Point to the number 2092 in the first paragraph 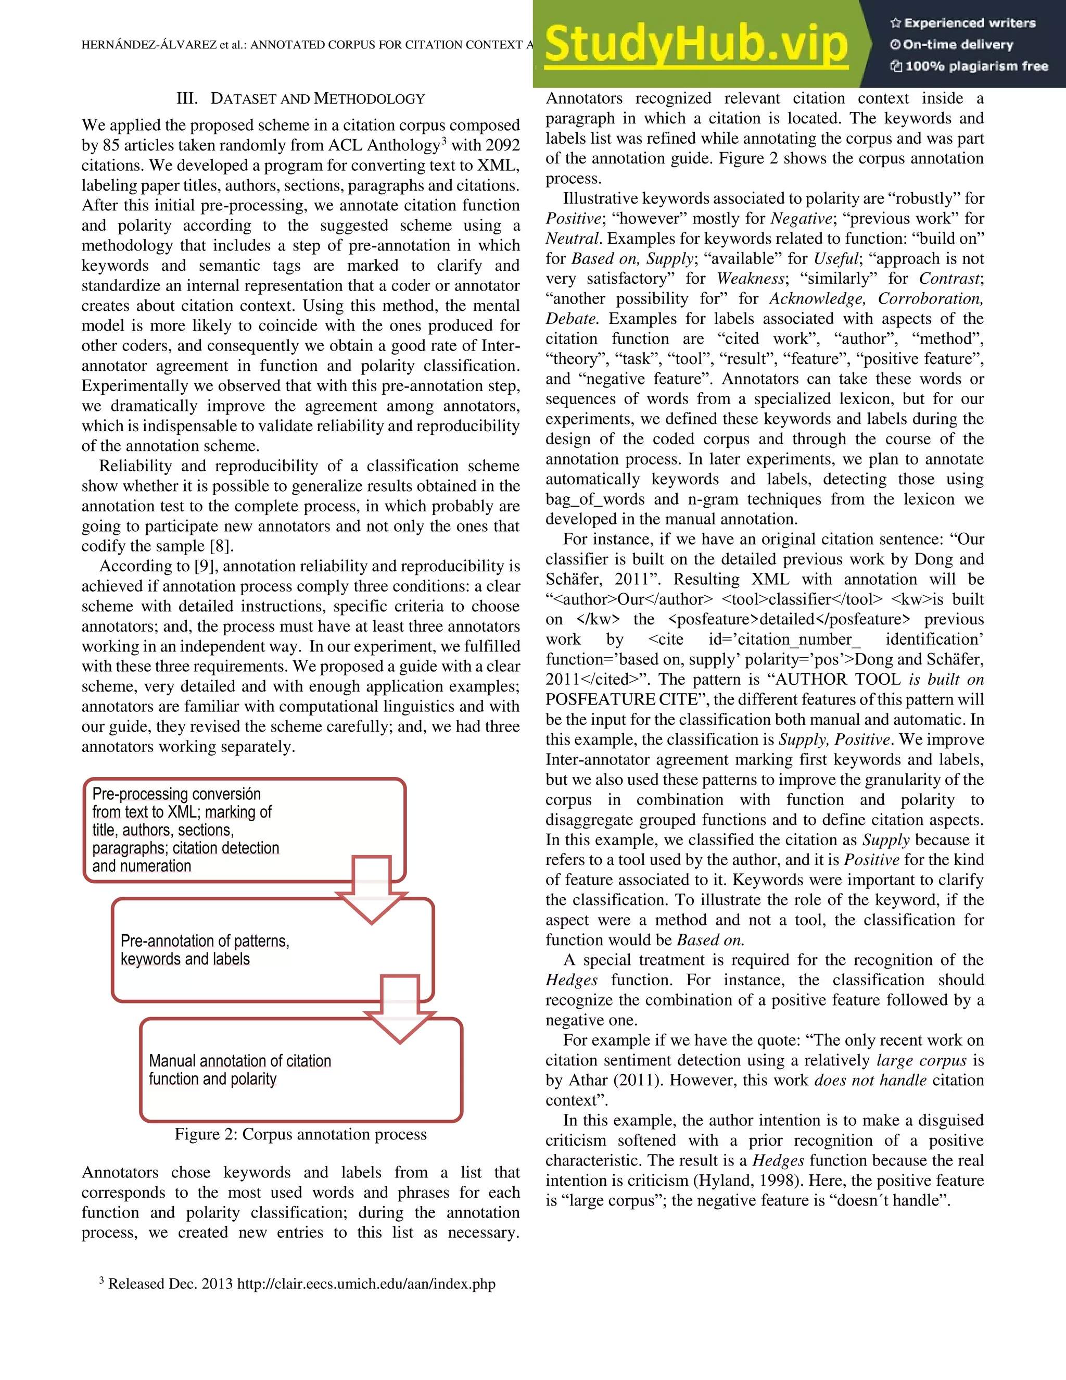(502, 145)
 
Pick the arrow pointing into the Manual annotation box (400, 1010)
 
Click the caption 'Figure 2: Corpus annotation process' (301, 1134)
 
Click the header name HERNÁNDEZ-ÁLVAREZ (148, 45)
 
